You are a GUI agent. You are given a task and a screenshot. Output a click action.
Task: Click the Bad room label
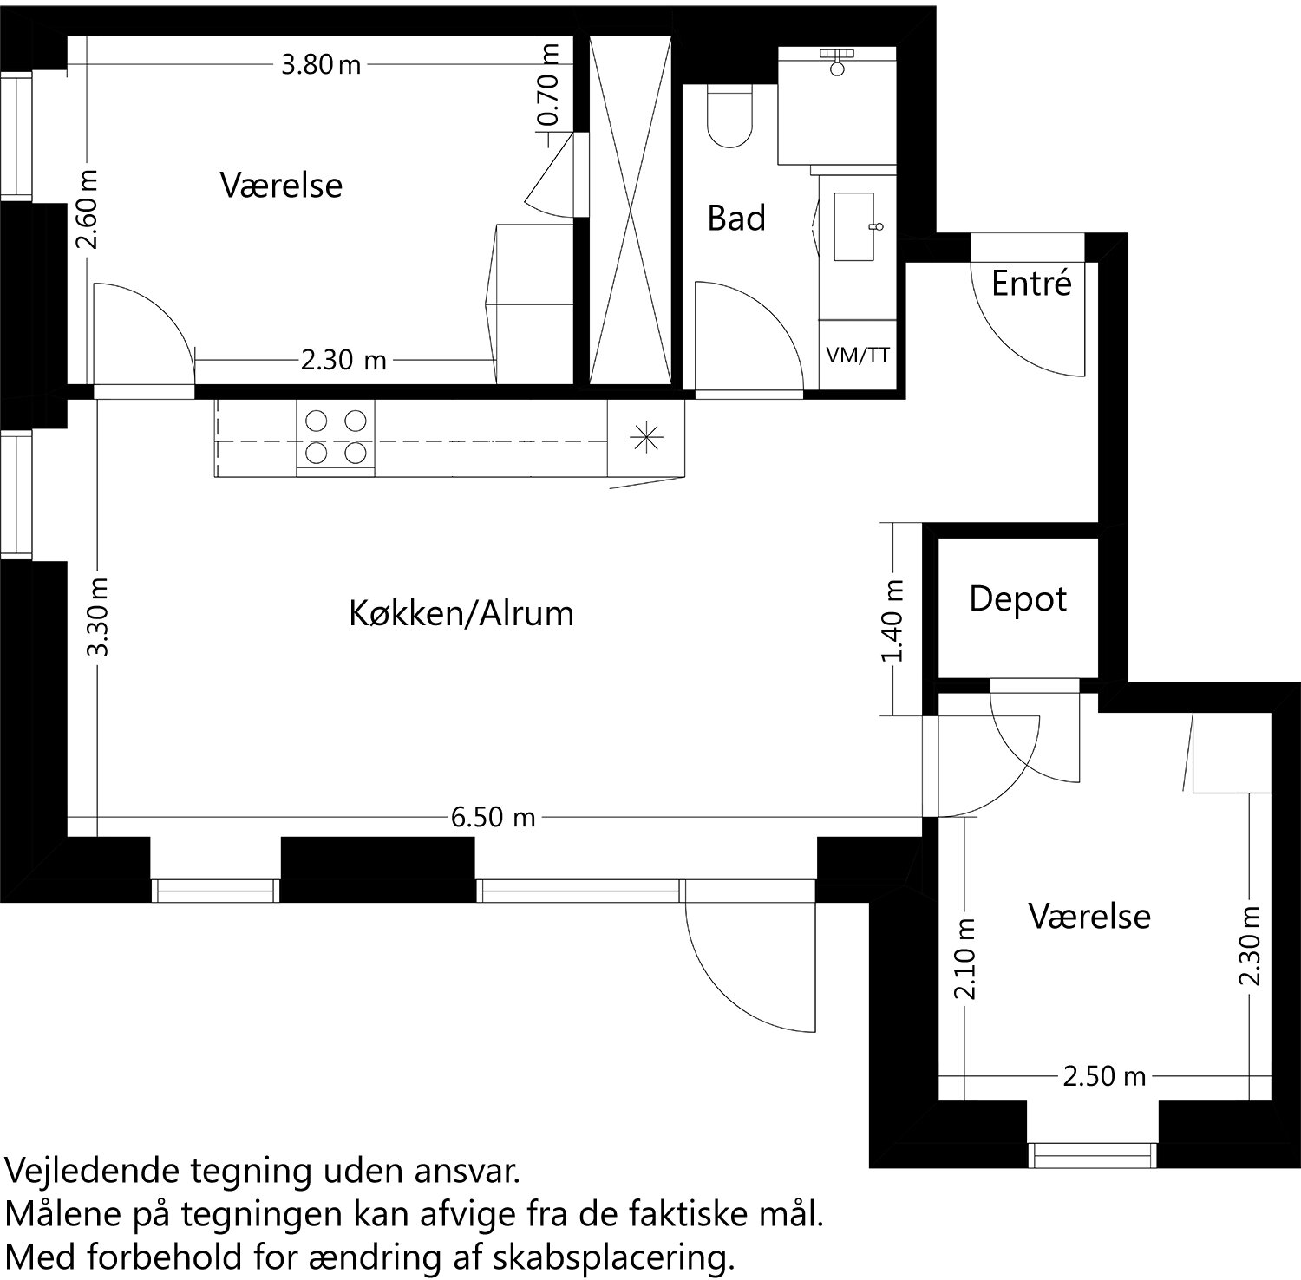[x=736, y=218]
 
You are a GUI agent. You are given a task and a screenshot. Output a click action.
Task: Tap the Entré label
[x=1031, y=284]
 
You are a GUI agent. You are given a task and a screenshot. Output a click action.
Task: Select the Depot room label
[x=1017, y=599]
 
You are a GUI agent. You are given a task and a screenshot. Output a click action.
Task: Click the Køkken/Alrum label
[x=461, y=614]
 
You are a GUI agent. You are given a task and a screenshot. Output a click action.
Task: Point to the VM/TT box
[x=858, y=355]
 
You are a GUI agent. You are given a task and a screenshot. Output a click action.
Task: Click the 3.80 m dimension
[x=320, y=65]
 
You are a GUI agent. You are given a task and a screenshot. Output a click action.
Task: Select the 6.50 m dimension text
[x=493, y=817]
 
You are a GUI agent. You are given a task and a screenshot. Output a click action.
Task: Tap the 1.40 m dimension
[x=893, y=620]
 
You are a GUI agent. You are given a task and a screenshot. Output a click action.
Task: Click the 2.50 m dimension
[x=1104, y=1076]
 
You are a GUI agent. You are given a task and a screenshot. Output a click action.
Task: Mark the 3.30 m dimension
[x=99, y=617]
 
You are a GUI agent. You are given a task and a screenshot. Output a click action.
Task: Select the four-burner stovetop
[x=336, y=437]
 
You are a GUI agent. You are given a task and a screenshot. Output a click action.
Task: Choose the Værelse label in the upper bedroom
[x=281, y=186]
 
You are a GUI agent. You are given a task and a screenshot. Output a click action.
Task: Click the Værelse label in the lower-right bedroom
[x=1089, y=917]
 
